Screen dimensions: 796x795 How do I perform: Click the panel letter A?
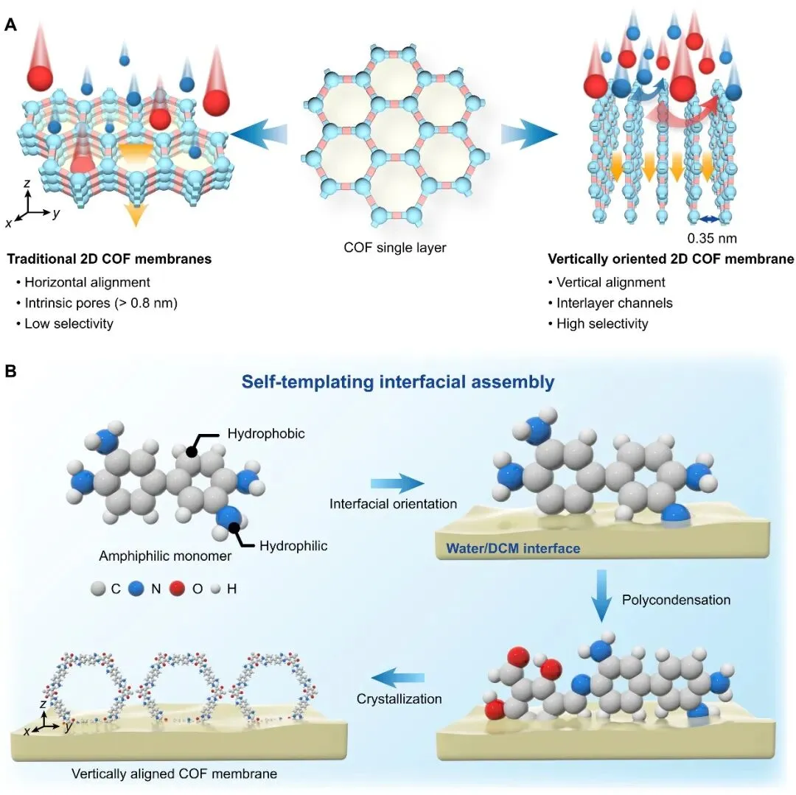pos(10,24)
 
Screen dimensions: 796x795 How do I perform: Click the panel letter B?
pos(10,371)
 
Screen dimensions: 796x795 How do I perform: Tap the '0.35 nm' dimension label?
pos(712,238)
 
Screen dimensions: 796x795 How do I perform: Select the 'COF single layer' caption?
pos(395,248)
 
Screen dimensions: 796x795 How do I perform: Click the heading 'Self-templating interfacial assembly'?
pos(398,382)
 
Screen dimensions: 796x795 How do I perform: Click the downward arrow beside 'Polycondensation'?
pos(601,595)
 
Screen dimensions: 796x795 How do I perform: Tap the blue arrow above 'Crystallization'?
pos(397,678)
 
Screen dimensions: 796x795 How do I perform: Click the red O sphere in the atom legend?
pos(177,589)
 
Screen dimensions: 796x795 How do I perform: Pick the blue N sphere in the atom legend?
pos(136,589)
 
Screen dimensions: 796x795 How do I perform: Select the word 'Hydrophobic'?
pos(266,434)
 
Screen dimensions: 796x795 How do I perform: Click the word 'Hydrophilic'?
pos(293,546)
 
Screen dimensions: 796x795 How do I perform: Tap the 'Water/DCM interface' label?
pos(513,548)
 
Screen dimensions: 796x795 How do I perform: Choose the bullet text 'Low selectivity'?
pos(69,323)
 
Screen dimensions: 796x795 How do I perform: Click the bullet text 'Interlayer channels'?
pos(614,303)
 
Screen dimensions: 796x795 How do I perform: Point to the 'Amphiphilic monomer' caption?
pos(165,556)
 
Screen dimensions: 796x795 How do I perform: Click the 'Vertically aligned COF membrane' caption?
pos(174,774)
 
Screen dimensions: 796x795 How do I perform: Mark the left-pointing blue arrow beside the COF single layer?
pos(259,134)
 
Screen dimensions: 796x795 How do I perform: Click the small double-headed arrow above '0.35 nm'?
pos(710,219)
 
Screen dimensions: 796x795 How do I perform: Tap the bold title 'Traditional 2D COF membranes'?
pos(109,259)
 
